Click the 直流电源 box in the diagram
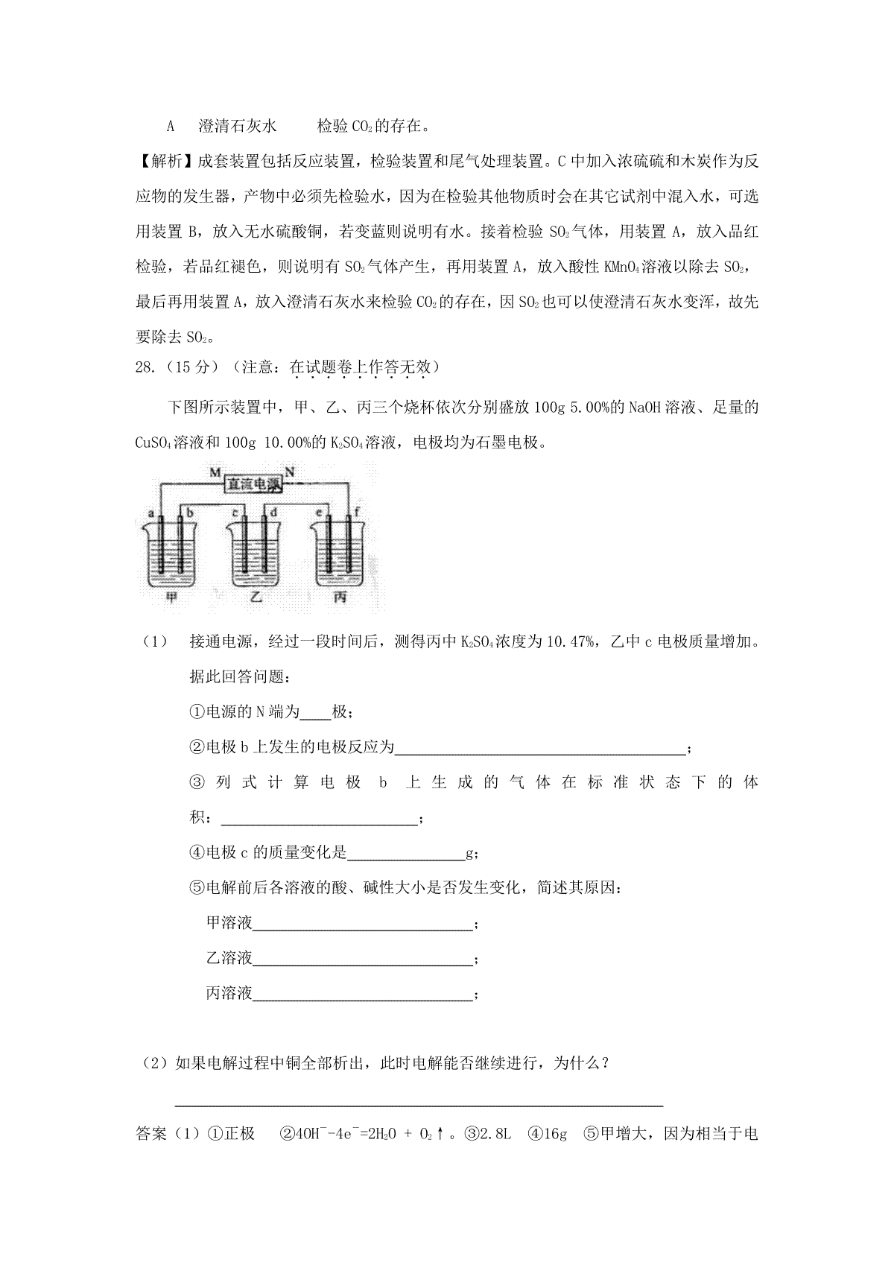point(255,485)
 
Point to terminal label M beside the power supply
point(215,472)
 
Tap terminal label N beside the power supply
point(291,471)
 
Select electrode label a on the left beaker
point(151,513)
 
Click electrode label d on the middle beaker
point(274,513)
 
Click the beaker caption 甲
point(172,597)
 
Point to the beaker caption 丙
point(340,597)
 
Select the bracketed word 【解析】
point(165,162)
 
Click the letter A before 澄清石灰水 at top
point(170,126)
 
